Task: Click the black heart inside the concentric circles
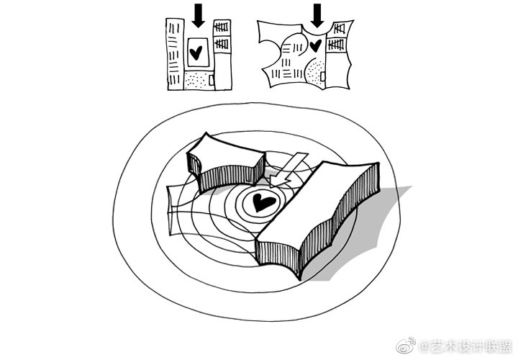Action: coord(263,202)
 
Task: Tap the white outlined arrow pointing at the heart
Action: coord(288,170)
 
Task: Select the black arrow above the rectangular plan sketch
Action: coord(199,16)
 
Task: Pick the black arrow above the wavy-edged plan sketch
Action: coord(317,16)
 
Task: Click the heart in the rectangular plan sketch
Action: coord(196,53)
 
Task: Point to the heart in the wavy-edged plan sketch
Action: coord(316,45)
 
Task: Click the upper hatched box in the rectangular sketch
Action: coord(222,27)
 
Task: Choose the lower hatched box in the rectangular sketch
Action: coord(222,43)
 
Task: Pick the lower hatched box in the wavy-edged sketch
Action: coord(336,45)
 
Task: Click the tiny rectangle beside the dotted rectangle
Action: coord(212,80)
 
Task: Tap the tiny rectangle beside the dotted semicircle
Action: coord(323,77)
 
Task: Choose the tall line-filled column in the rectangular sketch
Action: coord(175,54)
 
